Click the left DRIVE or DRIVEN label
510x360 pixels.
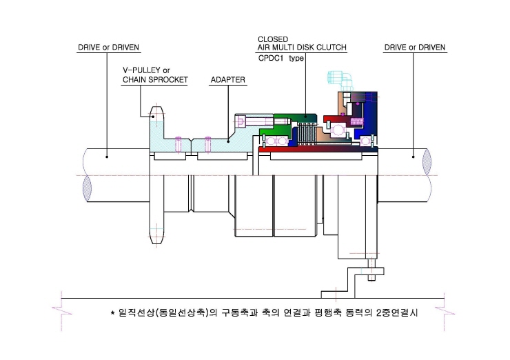[108, 48]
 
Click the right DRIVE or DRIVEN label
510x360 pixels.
[415, 48]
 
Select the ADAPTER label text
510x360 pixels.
[227, 80]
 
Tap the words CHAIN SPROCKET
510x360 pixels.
[155, 80]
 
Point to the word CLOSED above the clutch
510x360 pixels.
[273, 39]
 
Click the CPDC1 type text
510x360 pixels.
[281, 58]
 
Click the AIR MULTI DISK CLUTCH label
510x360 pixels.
[302, 48]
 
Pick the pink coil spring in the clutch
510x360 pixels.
[356, 121]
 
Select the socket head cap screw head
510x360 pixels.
[240, 122]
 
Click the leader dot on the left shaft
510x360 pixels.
[107, 157]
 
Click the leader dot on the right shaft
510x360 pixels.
[414, 157]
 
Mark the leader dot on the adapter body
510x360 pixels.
[228, 141]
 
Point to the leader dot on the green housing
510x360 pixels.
[305, 116]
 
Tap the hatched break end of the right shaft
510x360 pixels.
[427, 162]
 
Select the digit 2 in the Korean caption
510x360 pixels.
[379, 313]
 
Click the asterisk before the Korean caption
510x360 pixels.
[112, 313]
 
